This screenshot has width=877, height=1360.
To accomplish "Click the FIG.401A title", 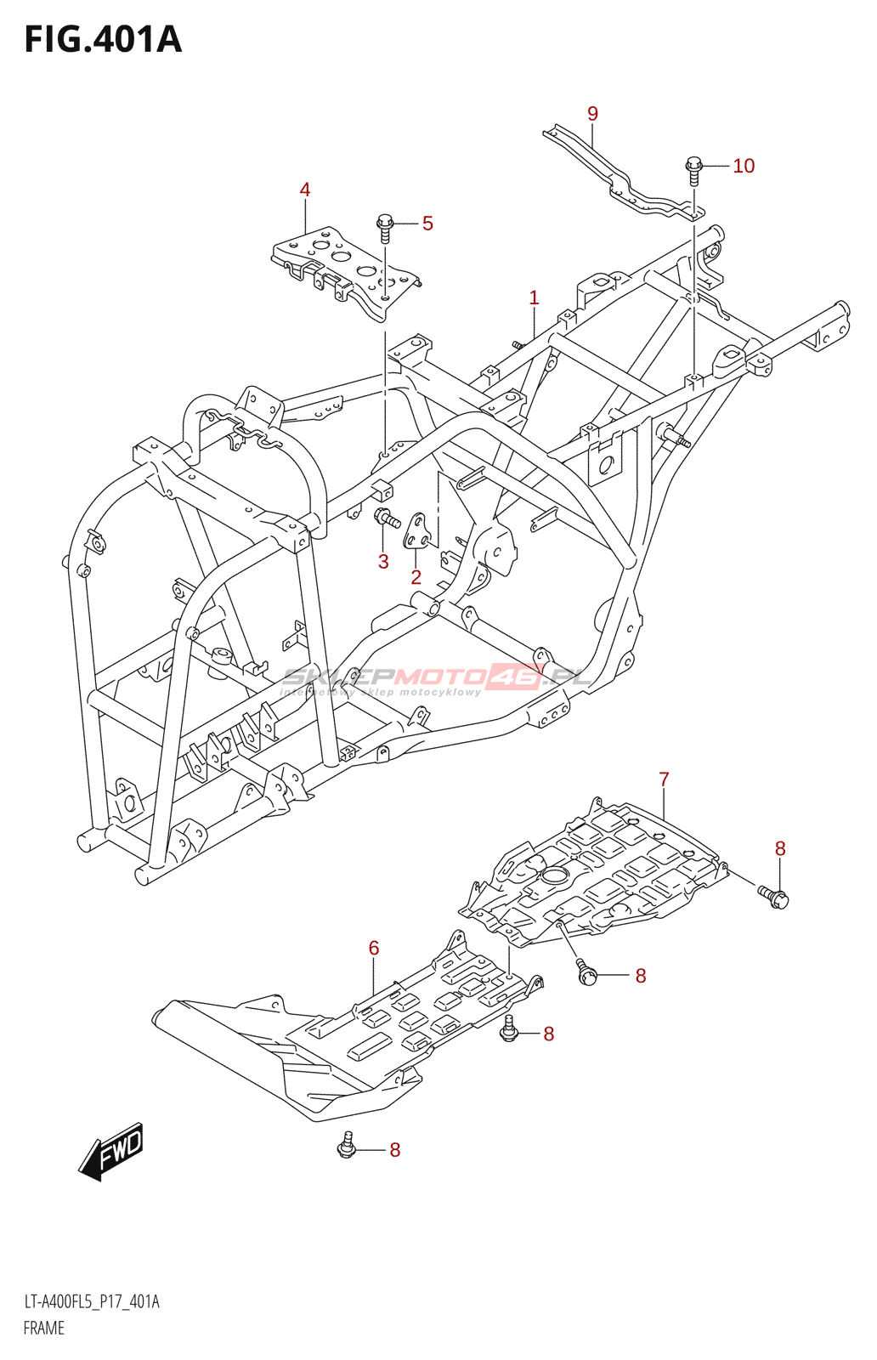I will coord(103,39).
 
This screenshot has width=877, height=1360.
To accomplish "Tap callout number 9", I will coord(592,114).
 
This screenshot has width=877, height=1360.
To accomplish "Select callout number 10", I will coord(743,166).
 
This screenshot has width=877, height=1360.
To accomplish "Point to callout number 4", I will coord(305,190).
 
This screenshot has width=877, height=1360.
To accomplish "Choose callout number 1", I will coord(534,297).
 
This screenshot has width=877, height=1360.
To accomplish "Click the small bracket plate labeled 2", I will coord(417,530).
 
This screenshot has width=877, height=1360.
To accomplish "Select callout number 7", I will coord(664,779).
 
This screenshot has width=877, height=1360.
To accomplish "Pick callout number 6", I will coord(374,948).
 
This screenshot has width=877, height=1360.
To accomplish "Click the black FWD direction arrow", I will coord(111,1153).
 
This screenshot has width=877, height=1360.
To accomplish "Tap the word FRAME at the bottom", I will coord(44,1328).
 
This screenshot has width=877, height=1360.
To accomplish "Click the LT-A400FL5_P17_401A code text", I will coord(92,1301).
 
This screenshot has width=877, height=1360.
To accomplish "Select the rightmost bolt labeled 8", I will coord(775,895).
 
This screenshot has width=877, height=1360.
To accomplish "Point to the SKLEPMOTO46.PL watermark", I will coord(437,677).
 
